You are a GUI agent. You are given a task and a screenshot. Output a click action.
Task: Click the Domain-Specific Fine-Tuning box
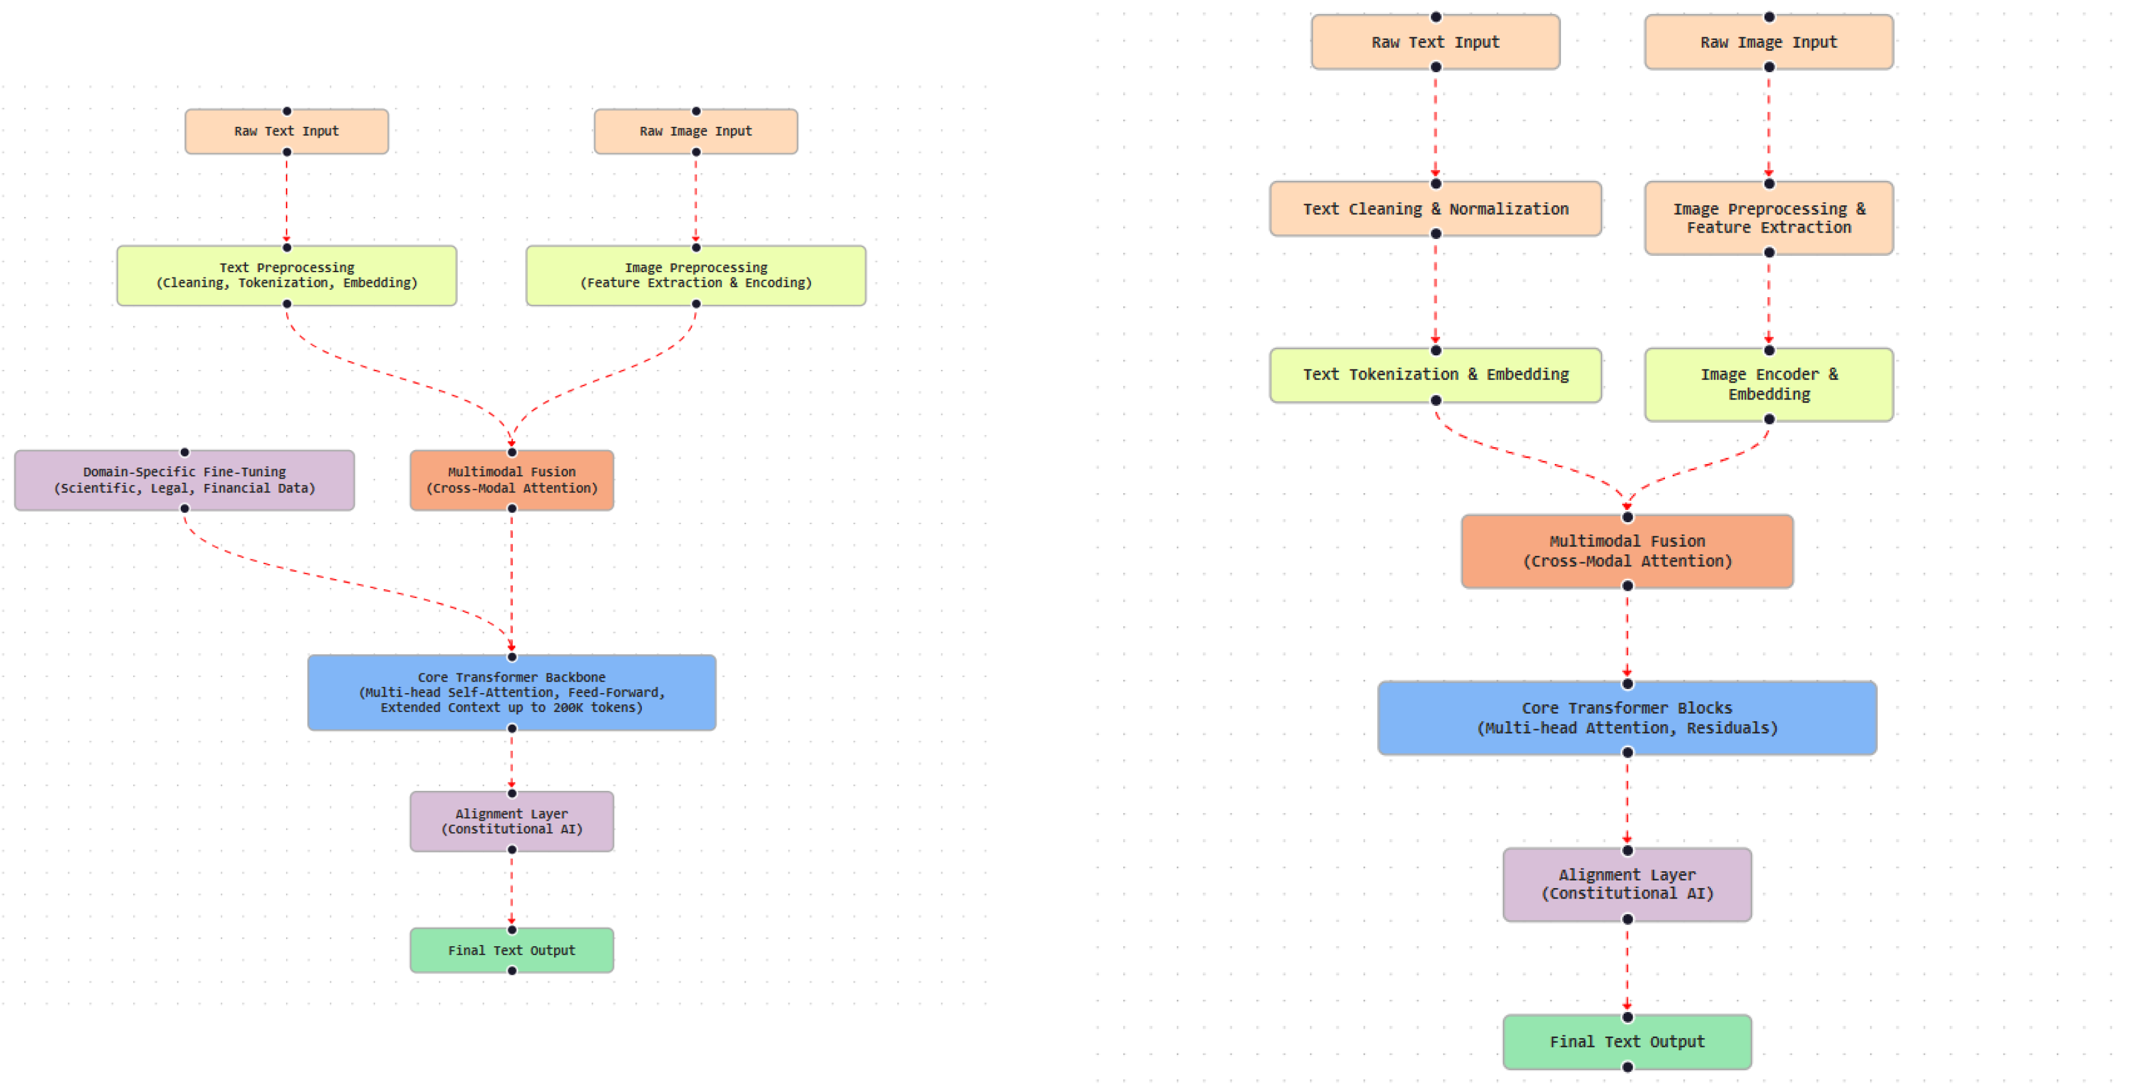[x=184, y=480]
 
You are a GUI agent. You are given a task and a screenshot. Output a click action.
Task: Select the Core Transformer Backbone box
[x=512, y=693]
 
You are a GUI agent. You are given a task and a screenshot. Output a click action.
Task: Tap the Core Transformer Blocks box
[x=1627, y=718]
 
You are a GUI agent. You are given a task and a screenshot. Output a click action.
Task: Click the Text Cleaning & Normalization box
[x=1435, y=209]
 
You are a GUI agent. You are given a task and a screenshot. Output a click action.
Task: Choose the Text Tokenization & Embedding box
[x=1435, y=375]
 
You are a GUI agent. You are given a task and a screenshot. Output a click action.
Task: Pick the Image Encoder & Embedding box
[x=1769, y=384]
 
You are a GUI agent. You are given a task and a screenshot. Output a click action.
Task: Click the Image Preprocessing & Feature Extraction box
[x=1769, y=218]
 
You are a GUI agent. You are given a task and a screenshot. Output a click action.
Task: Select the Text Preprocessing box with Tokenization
[x=287, y=275]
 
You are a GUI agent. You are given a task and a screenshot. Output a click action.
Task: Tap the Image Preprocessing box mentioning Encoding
[x=696, y=275]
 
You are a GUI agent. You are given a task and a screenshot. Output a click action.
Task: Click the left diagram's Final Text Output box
[x=512, y=950]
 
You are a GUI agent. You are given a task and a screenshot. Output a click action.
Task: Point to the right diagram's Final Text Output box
[x=1627, y=1042]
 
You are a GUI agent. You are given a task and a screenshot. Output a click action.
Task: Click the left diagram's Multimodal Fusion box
[x=512, y=480]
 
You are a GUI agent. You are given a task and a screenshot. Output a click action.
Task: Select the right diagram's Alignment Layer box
[x=1627, y=885]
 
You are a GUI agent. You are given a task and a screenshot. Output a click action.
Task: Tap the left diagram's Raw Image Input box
[x=696, y=131]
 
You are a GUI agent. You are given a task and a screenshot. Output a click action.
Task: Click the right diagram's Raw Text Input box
[x=1435, y=42]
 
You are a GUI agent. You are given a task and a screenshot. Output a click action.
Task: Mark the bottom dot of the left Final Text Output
[x=512, y=971]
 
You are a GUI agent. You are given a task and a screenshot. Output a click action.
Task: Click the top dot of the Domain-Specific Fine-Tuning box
[x=184, y=452]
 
